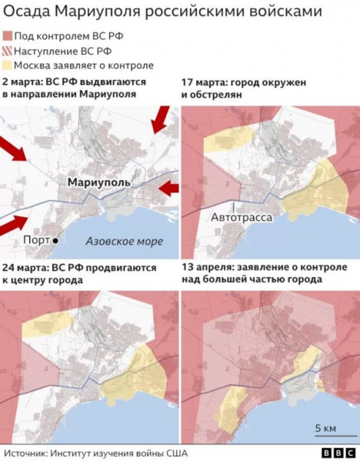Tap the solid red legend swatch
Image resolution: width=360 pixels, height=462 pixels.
tap(8, 36)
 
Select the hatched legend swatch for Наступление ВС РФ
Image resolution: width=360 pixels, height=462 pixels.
tap(8, 51)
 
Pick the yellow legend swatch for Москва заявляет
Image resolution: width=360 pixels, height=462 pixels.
tap(8, 65)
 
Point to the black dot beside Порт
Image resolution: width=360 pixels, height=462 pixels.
tap(56, 241)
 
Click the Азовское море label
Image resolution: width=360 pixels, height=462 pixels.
tap(123, 241)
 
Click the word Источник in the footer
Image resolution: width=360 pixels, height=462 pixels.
tap(28, 454)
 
